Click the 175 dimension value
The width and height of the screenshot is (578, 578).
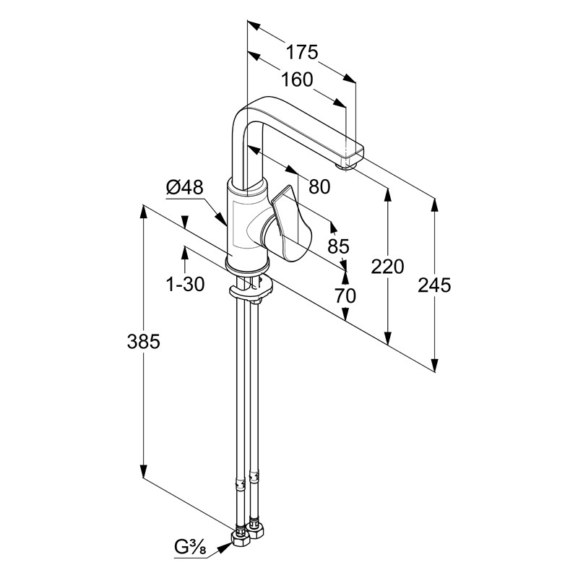(301, 52)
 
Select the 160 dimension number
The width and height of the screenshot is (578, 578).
(297, 79)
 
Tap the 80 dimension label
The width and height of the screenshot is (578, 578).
(319, 186)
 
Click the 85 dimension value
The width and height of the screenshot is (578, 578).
(338, 246)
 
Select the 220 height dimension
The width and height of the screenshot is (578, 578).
(388, 267)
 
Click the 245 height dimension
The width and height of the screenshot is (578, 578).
(434, 285)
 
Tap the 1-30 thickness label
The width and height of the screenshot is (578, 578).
(185, 285)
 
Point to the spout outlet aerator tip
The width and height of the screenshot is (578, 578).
(352, 163)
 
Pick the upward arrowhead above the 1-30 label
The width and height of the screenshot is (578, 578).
(185, 250)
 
